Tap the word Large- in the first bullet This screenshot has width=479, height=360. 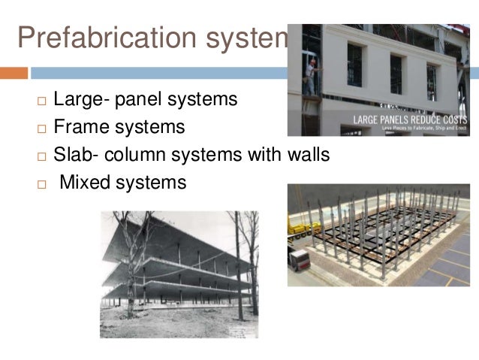pyautogui.click(x=81, y=99)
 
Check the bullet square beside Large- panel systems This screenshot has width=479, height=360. pyautogui.click(x=41, y=101)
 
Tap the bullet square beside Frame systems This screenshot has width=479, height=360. pyautogui.click(x=41, y=129)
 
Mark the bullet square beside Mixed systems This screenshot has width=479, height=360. pyautogui.click(x=41, y=183)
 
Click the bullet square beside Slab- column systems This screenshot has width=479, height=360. pyautogui.click(x=41, y=156)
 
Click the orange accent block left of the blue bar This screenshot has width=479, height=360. pyautogui.click(x=14, y=73)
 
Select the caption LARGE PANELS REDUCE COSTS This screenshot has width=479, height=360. pyautogui.click(x=411, y=119)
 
